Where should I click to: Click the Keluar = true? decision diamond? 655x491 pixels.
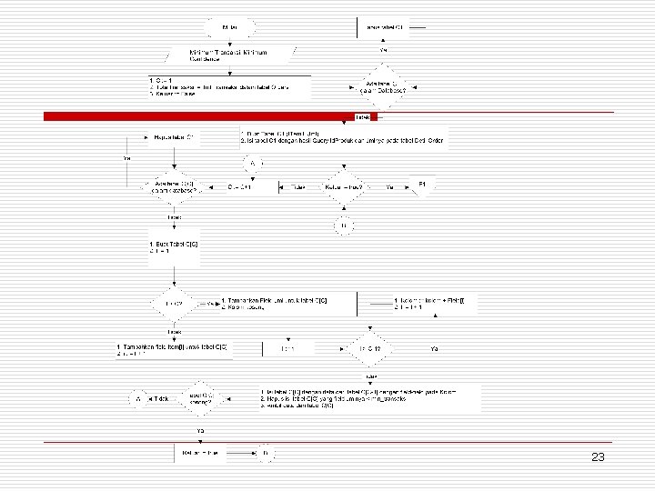tap(343, 187)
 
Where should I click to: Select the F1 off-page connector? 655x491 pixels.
tap(422, 186)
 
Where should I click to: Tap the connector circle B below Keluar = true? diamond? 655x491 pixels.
tap(343, 225)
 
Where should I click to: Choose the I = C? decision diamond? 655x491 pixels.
tap(173, 303)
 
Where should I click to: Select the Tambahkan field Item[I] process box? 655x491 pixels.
tap(173, 350)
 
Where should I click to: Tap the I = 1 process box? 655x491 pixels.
tap(288, 347)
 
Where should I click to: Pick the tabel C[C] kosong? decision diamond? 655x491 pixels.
tap(201, 398)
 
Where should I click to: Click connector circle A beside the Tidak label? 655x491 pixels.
tap(137, 399)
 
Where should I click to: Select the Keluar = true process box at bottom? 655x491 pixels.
tap(200, 452)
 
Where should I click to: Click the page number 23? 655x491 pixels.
tap(597, 457)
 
